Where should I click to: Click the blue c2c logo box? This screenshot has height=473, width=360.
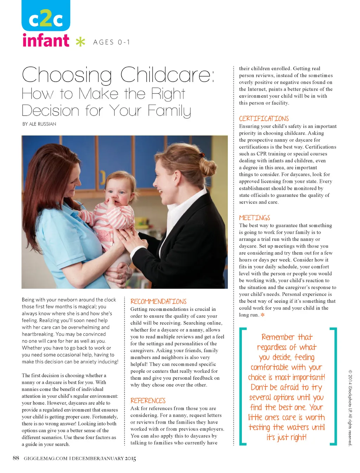tap(46, 16)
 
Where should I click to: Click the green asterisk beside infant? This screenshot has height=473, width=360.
tap(81, 42)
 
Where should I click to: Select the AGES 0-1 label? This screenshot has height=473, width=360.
tap(111, 42)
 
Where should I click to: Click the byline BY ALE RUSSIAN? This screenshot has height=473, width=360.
tap(39, 124)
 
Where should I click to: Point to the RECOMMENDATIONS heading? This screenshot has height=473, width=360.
tap(158, 301)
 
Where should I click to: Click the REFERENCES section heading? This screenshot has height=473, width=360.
tap(148, 401)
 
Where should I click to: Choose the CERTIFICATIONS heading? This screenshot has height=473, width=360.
tap(264, 119)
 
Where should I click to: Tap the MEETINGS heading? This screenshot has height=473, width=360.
tap(255, 218)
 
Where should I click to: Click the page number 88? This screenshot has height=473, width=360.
tap(16, 458)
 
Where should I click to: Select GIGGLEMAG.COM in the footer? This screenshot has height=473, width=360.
tap(45, 458)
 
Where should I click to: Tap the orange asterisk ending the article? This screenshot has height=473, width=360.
tap(262, 315)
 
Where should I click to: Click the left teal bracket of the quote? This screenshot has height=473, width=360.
tap(242, 386)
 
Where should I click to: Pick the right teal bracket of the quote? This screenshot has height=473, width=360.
tap(334, 386)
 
